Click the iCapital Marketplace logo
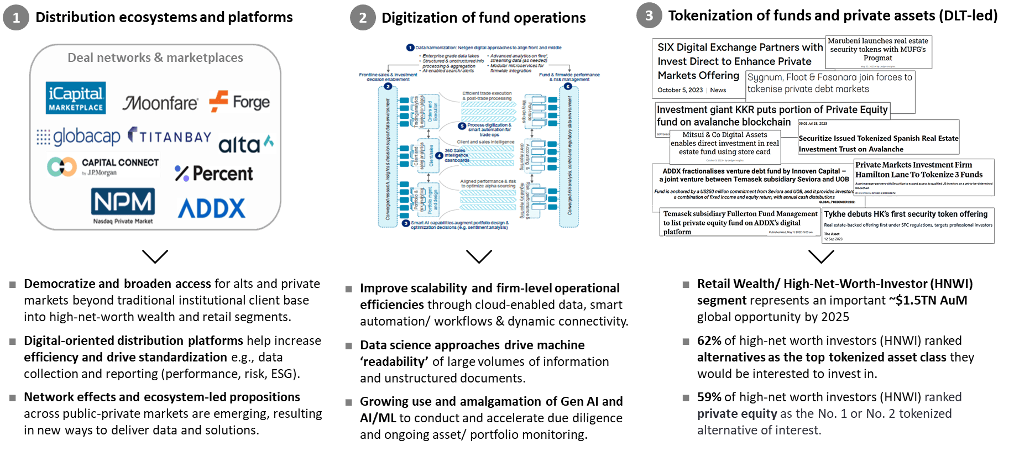point(76,98)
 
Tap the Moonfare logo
point(160,103)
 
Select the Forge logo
point(240,102)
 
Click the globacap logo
point(79,137)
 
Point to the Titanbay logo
point(170,136)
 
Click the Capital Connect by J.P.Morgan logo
point(103,166)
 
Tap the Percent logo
point(214,174)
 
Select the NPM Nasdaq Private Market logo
point(123,206)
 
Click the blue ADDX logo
point(212,208)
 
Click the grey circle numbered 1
point(16,18)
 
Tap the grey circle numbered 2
point(363,18)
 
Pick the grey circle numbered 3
point(649,15)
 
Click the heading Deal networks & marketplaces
point(155,57)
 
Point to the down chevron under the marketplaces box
point(155,256)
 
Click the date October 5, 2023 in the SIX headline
point(680,90)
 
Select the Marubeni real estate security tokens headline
point(878,50)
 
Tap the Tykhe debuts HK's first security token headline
point(906,214)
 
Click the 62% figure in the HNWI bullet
point(709,340)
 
